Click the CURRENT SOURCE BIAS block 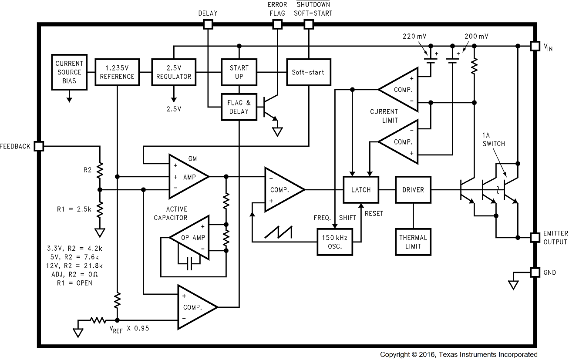(69, 72)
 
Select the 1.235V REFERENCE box (117, 72)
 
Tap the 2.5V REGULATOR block (173, 72)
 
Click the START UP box (239, 72)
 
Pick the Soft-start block (308, 72)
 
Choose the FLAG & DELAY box (239, 107)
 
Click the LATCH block (361, 189)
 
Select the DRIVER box (413, 189)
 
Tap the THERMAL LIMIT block (413, 242)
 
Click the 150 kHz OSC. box (335, 242)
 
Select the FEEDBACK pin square (39, 146)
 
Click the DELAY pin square (208, 24)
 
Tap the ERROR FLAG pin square (277, 24)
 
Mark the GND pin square (535, 273)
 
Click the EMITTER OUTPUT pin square (535, 238)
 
